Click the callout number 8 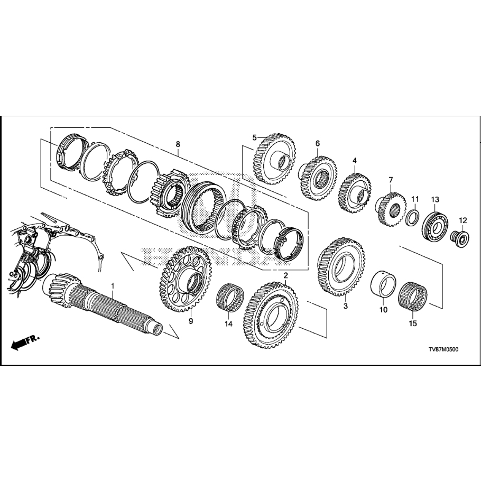coord(178,144)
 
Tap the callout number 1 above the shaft coord(112,285)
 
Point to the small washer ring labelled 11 coord(413,217)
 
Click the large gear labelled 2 coord(272,316)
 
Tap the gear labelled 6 coord(318,177)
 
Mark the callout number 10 coord(384,310)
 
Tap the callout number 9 coord(191,321)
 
